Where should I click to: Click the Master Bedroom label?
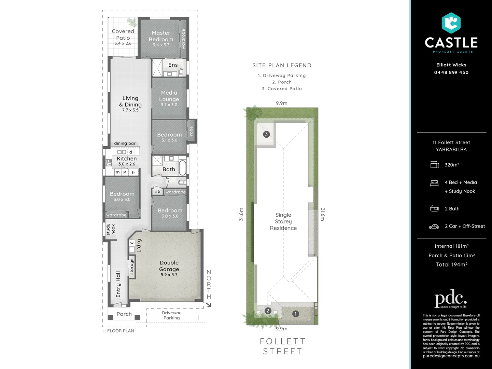tap(161, 36)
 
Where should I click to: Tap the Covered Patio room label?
tap(123, 35)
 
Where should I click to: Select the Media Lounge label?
tap(169, 96)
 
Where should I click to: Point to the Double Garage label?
tap(169, 266)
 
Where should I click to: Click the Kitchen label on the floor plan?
tap(127, 159)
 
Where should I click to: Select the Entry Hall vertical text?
tap(118, 284)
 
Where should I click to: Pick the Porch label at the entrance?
tap(124, 314)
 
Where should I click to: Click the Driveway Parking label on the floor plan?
tap(171, 315)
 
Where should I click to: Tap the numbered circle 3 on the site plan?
tap(266, 134)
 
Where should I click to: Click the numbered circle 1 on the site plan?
tap(295, 314)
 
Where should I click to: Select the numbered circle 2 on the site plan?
tap(268, 311)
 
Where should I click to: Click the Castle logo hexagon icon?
tap(451, 23)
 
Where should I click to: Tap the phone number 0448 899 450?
tap(451, 72)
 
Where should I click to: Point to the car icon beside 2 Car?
tap(434, 227)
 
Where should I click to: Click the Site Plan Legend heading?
tap(282, 65)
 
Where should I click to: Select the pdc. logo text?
tap(450, 298)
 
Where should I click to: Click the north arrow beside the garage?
tap(209, 304)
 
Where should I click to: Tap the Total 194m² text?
tap(451, 264)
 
